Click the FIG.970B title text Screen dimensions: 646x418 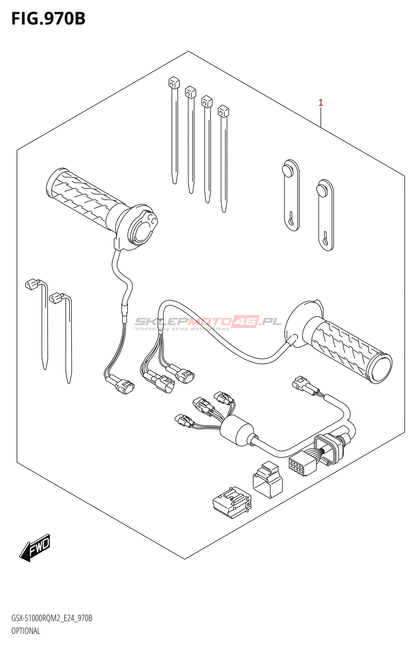click(x=48, y=19)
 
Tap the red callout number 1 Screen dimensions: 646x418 click(x=321, y=103)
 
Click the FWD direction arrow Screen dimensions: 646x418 click(x=35, y=548)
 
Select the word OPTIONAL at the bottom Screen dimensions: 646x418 click(x=26, y=631)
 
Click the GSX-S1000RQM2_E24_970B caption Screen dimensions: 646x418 click(x=52, y=618)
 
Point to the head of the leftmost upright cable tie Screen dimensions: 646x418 click(x=174, y=83)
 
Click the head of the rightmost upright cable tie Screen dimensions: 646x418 click(x=223, y=111)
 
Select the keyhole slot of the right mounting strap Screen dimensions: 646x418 click(x=325, y=239)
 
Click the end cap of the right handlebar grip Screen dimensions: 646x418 click(x=380, y=368)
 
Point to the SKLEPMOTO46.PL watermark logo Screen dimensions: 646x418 click(x=208, y=322)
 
